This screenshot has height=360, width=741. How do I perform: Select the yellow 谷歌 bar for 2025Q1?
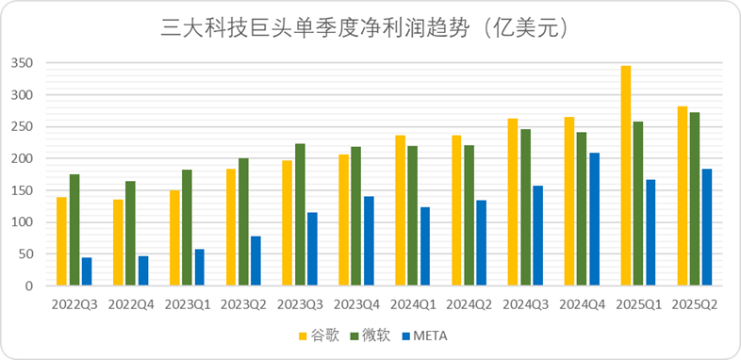tap(626, 175)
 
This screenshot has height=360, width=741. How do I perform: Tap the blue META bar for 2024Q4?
tap(595, 219)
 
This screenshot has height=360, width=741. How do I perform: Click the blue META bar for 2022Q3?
tap(87, 271)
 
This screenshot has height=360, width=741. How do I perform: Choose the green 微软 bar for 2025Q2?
tap(695, 199)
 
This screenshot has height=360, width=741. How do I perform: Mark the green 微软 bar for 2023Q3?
tap(300, 215)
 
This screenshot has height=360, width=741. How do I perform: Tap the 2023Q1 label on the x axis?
tap(187, 304)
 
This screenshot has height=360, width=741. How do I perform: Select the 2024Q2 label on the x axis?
tap(469, 304)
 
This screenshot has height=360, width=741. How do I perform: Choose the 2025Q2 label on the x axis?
tap(695, 304)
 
